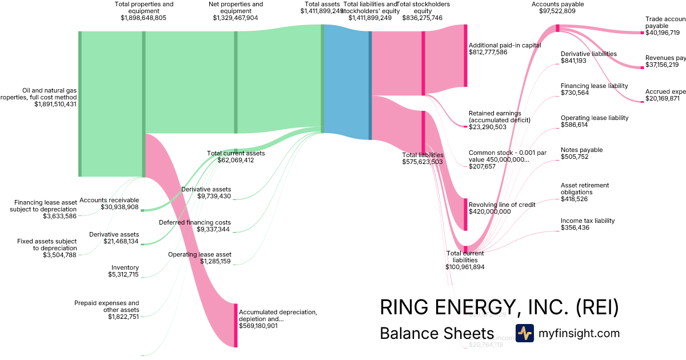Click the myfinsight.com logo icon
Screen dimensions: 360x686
point(524,333)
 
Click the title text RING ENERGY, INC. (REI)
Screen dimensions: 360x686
point(499,307)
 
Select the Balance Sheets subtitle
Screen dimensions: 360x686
point(437,333)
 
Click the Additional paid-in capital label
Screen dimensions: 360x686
point(505,45)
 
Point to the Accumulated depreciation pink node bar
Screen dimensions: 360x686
point(236,325)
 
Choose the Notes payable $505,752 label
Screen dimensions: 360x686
point(582,153)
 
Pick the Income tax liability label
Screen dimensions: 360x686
point(588,221)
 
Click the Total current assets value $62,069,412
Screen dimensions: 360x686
point(236,160)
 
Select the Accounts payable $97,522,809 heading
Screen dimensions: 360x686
point(557,7)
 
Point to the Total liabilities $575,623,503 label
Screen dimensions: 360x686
point(422,158)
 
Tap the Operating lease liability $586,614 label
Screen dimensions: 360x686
point(595,121)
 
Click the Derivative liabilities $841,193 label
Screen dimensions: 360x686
point(589,57)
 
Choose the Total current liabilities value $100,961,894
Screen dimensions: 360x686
point(465,267)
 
